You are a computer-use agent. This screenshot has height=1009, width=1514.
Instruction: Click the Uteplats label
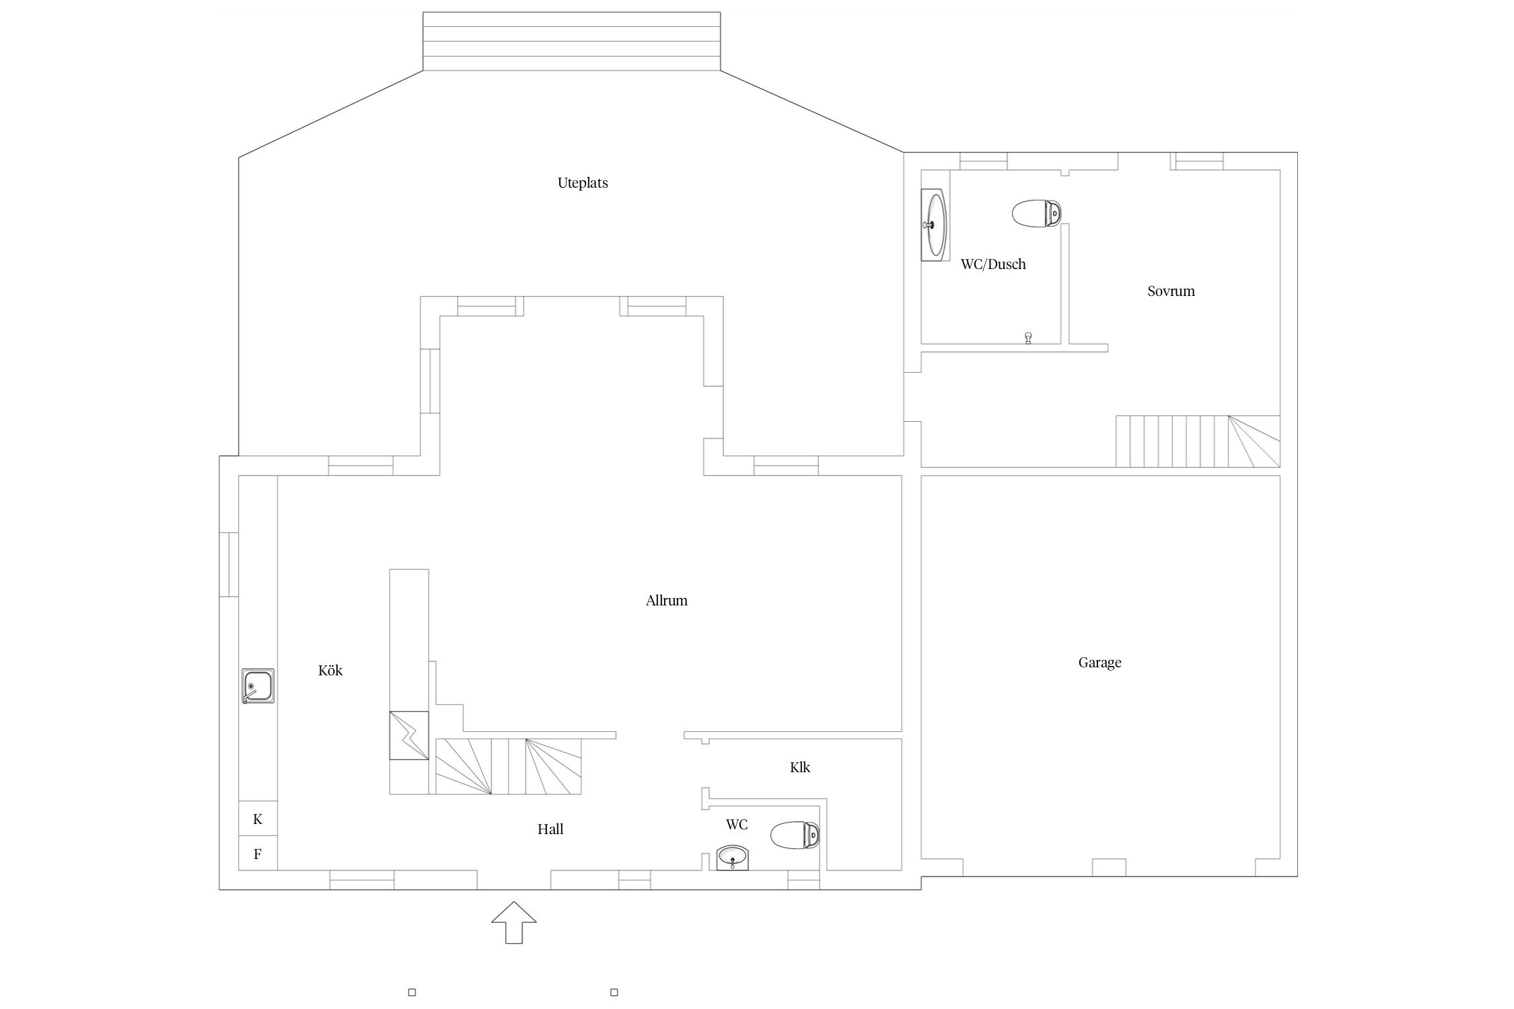(x=583, y=183)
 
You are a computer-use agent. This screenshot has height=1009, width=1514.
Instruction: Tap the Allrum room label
(x=666, y=601)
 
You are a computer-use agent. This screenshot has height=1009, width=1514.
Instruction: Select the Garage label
(x=1100, y=663)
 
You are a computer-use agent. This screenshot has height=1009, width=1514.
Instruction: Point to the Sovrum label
(x=1171, y=291)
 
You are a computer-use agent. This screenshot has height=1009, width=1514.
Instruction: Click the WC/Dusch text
(x=993, y=264)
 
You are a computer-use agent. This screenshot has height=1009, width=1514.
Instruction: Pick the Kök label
(x=330, y=671)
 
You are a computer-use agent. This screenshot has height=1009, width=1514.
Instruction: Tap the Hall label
(x=550, y=829)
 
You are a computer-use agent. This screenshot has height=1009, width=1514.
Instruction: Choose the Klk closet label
(x=800, y=767)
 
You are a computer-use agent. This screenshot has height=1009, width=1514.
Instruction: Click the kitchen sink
(x=258, y=686)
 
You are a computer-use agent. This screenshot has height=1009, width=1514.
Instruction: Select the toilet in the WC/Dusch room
(x=1037, y=213)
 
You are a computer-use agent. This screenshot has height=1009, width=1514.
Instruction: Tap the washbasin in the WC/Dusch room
(x=934, y=225)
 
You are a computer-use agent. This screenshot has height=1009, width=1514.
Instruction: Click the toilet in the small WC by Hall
(x=795, y=835)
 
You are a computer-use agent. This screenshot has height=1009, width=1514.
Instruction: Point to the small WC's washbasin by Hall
(x=733, y=858)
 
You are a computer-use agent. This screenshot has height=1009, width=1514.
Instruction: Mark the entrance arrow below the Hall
(x=514, y=922)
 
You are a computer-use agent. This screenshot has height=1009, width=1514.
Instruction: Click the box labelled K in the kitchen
(x=258, y=819)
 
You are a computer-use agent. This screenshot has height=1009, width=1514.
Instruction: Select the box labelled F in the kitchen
(x=258, y=854)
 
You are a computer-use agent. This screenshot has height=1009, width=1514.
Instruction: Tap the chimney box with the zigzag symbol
(x=409, y=735)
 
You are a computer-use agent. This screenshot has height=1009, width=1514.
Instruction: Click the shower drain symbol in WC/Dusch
(x=1028, y=338)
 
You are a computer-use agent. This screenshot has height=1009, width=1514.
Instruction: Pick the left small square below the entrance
(x=412, y=992)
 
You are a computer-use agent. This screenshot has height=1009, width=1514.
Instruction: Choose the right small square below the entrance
(x=614, y=992)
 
